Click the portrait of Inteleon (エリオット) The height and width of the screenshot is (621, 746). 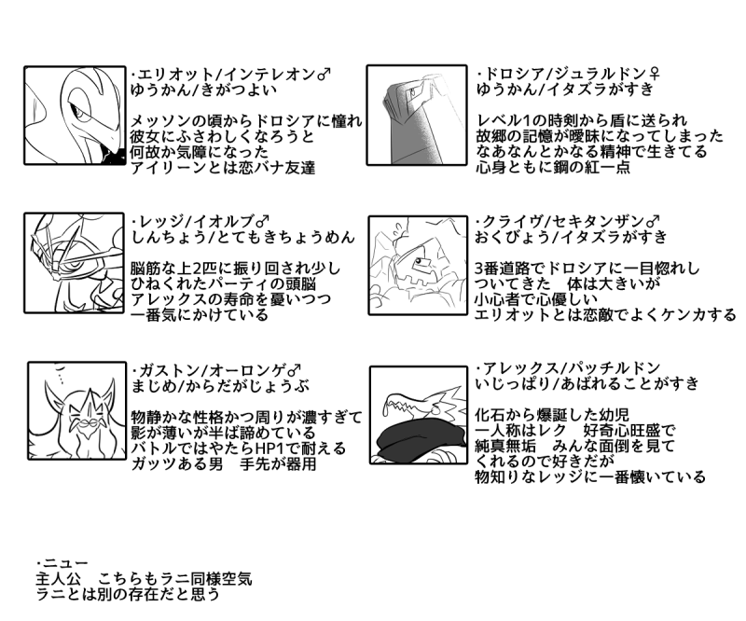tap(75, 116)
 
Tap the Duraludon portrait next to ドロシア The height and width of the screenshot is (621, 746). tap(417, 116)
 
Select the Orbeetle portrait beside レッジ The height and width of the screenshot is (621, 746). tap(75, 263)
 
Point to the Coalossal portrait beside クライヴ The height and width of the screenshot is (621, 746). tap(418, 266)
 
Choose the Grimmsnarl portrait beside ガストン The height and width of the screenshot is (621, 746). tap(76, 410)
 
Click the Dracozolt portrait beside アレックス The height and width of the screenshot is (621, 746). tap(419, 415)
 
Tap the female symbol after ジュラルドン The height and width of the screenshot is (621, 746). tap(655, 74)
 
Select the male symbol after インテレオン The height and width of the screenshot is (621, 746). tap(324, 75)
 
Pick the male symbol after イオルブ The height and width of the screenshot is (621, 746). tap(263, 221)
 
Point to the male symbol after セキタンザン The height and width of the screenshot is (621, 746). tap(654, 221)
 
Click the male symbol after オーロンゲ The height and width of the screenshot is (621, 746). tap(295, 370)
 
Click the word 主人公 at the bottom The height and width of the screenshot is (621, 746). tap(59, 579)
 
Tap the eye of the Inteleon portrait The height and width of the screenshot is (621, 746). tap(77, 112)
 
